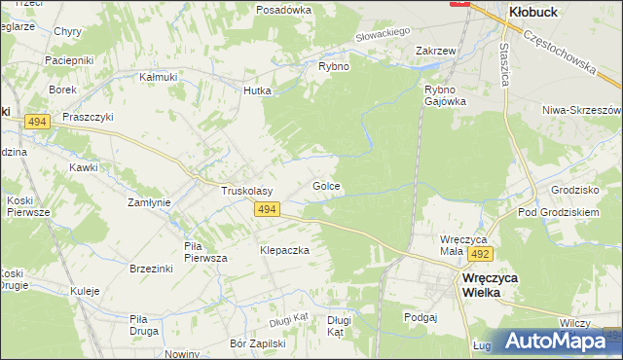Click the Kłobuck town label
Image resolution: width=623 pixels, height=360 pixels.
tap(532, 11)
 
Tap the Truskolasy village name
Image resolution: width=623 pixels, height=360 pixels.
tap(246, 192)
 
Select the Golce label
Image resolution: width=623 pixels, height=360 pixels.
tap(325, 185)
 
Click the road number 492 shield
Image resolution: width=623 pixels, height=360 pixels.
tap(479, 254)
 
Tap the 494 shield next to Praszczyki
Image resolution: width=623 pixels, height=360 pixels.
tap(38, 121)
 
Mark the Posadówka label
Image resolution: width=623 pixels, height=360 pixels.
tap(283, 9)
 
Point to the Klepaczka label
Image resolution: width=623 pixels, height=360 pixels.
tap(284, 250)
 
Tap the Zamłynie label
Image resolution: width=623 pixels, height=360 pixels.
tap(150, 202)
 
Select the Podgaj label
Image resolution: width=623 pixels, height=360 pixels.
tap(421, 317)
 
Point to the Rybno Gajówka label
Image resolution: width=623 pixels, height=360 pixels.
tap(445, 94)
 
